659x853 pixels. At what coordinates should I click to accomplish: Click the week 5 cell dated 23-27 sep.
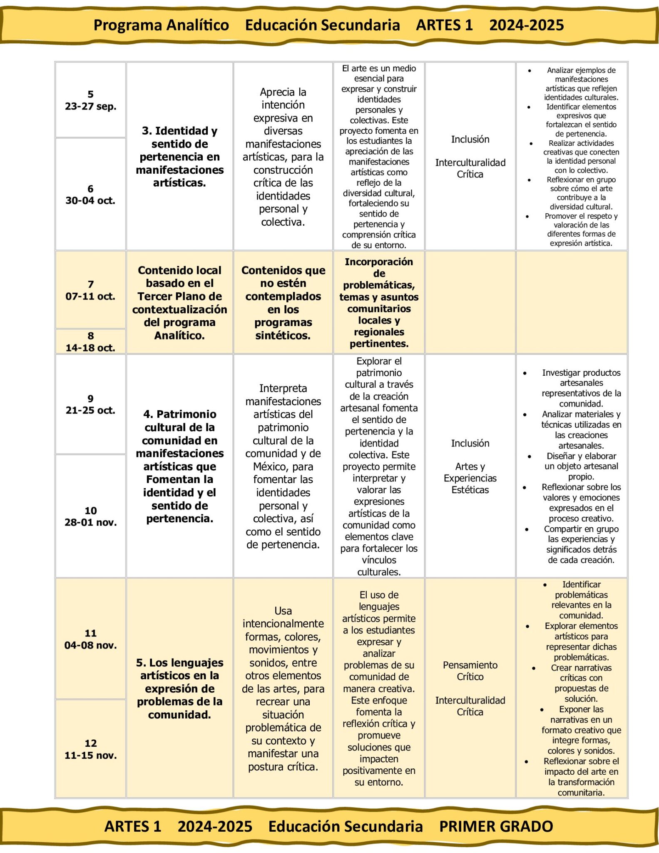coord(90,100)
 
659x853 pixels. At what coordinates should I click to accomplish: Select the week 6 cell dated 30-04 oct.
coord(90,195)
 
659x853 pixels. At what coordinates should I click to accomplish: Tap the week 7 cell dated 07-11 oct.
coord(90,290)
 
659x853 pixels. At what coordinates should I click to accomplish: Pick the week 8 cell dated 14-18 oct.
coord(90,342)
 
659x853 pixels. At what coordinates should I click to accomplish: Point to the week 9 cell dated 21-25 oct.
coord(90,404)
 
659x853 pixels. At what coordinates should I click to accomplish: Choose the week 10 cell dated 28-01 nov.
coord(90,516)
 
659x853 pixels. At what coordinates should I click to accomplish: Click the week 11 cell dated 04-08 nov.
coord(90,639)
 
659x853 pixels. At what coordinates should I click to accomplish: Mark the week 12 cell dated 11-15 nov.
coord(90,749)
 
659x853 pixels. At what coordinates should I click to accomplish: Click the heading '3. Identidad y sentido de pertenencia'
coord(179,157)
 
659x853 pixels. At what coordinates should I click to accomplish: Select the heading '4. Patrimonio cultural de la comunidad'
coord(179,466)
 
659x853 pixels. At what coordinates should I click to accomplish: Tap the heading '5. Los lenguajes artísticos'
coord(179,688)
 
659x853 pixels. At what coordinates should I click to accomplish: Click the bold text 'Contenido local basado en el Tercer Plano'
coord(179,302)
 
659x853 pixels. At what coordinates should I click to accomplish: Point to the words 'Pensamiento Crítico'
coord(470,671)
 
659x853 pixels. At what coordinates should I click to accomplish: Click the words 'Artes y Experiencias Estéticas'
coord(470,478)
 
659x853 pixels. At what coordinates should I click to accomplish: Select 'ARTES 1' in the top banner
coord(444,25)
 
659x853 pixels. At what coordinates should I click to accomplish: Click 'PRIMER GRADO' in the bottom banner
coord(496,826)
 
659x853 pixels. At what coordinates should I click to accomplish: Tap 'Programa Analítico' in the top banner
coord(161,25)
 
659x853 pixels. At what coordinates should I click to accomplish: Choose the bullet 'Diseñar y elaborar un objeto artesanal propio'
coord(581,466)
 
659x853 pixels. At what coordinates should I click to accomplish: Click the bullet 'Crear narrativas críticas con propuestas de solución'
coord(581,683)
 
